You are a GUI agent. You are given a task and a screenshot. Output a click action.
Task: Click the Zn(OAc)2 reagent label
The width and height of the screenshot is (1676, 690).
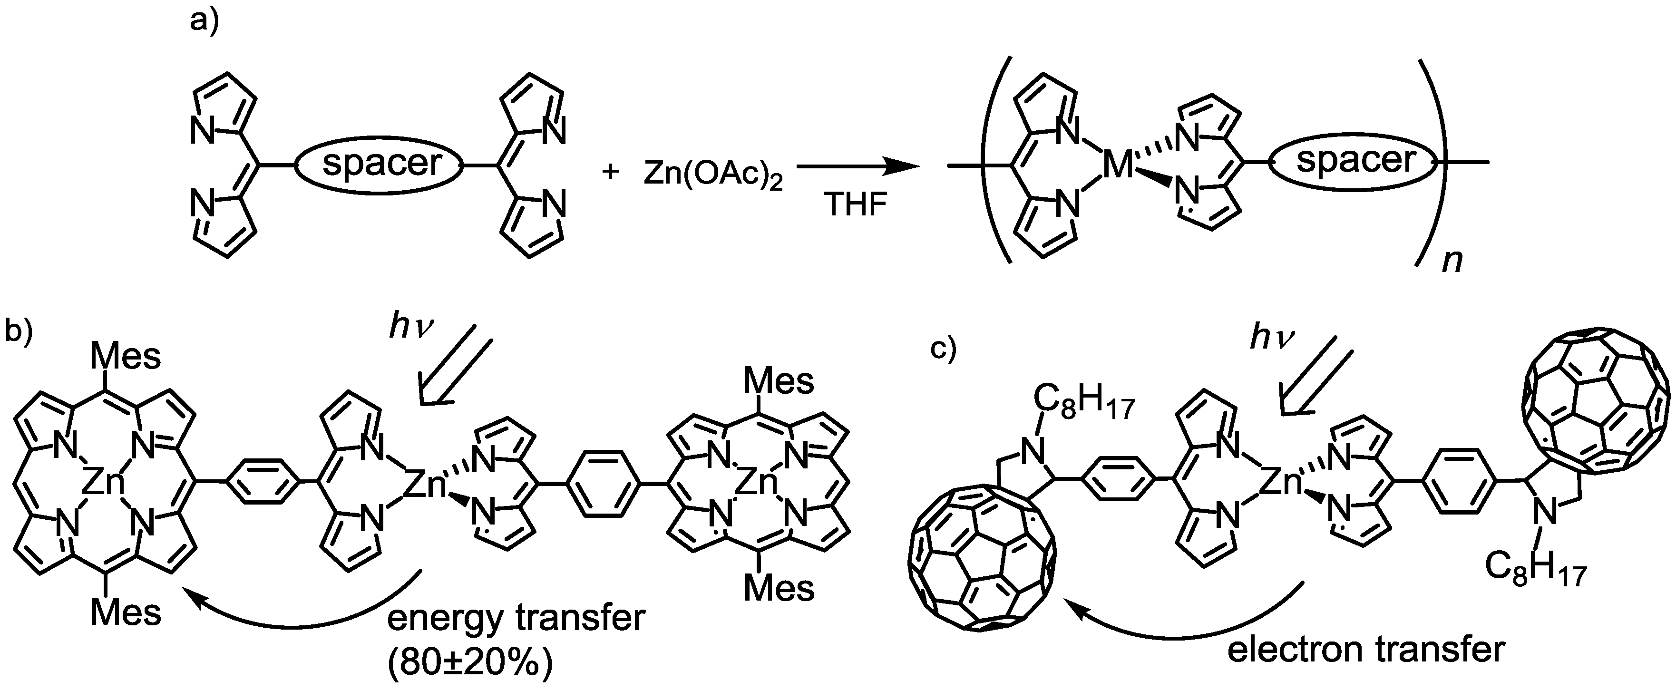(713, 175)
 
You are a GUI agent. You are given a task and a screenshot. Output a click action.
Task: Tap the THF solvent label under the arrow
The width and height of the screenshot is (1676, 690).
(856, 205)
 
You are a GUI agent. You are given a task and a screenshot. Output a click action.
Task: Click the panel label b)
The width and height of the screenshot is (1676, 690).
(19, 331)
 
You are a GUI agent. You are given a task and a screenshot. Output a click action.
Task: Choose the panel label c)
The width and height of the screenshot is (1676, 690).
(944, 349)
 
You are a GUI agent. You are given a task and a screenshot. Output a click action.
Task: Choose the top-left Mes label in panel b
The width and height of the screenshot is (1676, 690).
(125, 356)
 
